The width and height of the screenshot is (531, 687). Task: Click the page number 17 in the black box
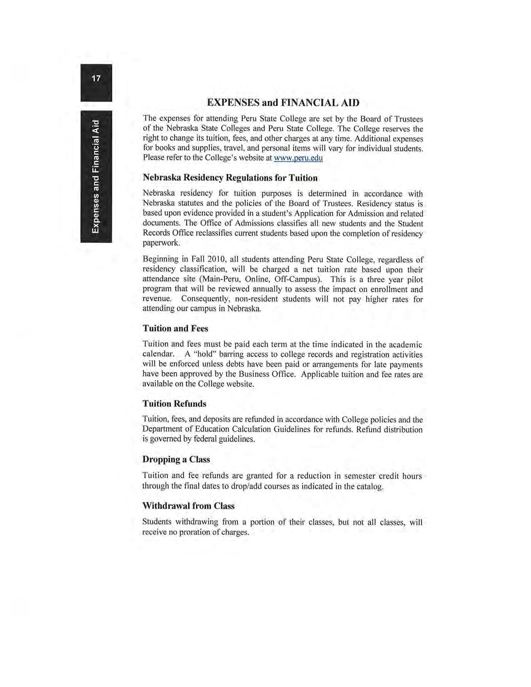[96, 78]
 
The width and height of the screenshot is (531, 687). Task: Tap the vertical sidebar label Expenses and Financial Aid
[96, 177]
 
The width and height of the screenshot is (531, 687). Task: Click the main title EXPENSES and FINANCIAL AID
[283, 102]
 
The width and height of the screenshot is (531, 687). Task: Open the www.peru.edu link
[298, 158]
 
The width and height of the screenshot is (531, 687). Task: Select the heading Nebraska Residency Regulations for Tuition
[230, 178]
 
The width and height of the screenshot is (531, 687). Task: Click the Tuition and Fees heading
[175, 329]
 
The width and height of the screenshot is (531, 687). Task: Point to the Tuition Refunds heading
[174, 403]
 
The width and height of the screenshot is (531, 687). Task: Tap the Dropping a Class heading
[176, 459]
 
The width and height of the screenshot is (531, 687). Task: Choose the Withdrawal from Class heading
[188, 506]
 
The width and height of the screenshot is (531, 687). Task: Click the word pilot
[415, 279]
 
